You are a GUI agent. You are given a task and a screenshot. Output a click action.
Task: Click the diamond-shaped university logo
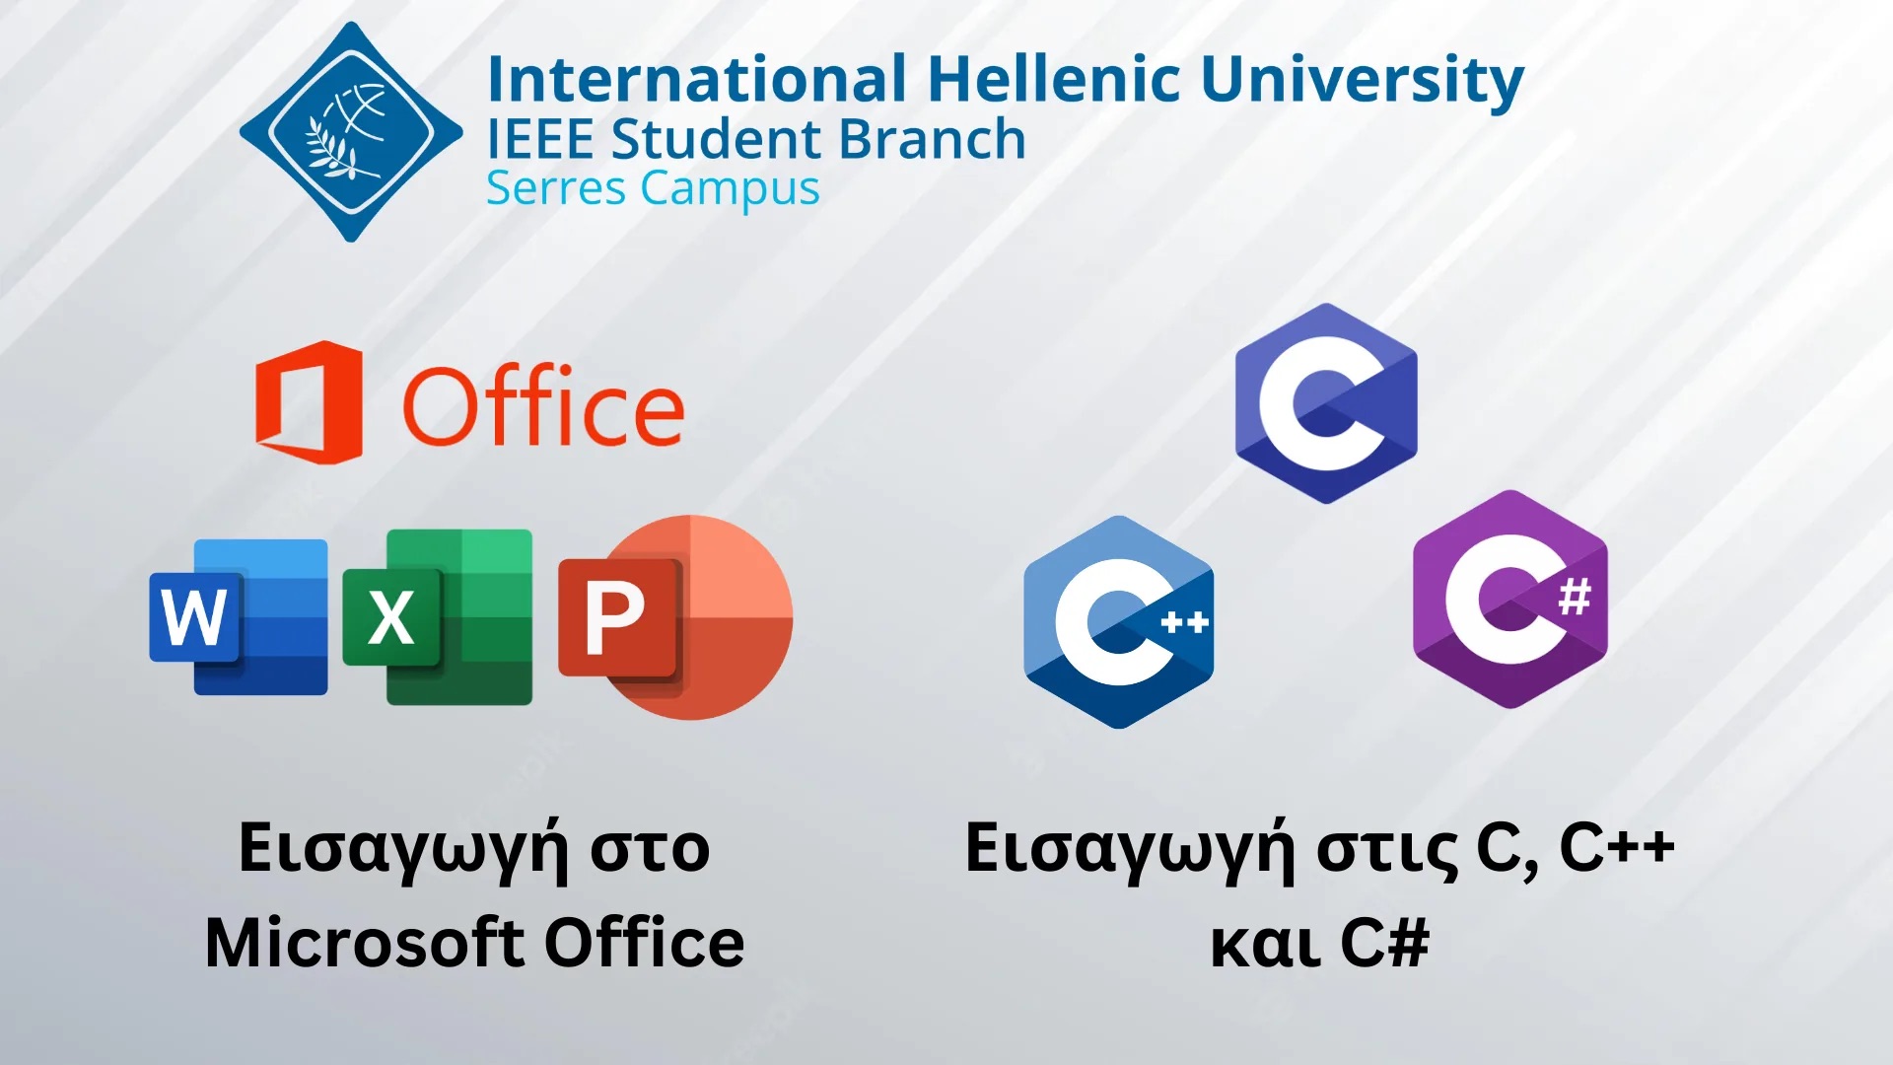pyautogui.click(x=350, y=132)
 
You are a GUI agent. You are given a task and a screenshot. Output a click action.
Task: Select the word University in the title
pyautogui.click(x=1363, y=81)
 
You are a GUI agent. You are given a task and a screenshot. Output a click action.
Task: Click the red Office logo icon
pyautogui.click(x=309, y=402)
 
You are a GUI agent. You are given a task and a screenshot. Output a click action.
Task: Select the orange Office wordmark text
pyautogui.click(x=543, y=406)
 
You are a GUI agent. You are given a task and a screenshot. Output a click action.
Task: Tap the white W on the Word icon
pyautogui.click(x=194, y=618)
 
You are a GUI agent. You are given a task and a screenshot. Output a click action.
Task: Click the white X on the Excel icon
pyautogui.click(x=391, y=618)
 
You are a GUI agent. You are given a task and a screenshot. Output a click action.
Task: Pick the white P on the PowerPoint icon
pyautogui.click(x=615, y=618)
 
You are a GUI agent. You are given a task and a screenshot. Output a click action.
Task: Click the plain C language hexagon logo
pyautogui.click(x=1326, y=402)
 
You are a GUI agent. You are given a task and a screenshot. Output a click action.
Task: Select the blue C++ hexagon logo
pyautogui.click(x=1118, y=622)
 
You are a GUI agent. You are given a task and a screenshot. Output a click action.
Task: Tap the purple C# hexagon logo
pyautogui.click(x=1510, y=600)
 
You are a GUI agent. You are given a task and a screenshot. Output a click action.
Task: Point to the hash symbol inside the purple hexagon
pyautogui.click(x=1575, y=597)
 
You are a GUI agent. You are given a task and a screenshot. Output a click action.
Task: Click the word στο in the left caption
pyautogui.click(x=650, y=848)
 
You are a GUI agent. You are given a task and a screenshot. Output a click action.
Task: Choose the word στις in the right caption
pyautogui.click(x=1388, y=848)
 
